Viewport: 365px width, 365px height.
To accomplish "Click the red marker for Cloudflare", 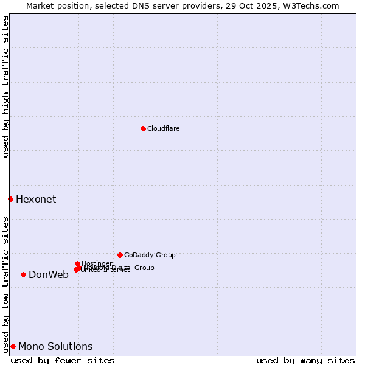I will point(143,128).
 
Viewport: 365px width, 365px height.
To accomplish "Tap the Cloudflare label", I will point(163,128).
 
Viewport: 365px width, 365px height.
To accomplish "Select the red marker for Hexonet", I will point(10,199).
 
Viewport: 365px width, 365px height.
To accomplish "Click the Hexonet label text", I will point(36,200).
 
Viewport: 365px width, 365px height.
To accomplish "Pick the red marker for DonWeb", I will point(23,274).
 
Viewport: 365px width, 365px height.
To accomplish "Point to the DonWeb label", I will point(49,275).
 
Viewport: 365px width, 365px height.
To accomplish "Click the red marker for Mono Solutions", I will point(13,346).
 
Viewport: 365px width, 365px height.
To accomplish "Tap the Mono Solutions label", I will point(55,347).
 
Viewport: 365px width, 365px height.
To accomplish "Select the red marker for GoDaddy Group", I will point(120,255).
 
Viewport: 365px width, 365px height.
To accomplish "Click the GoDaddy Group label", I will point(150,255).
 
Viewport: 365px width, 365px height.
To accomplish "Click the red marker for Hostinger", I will point(77,263).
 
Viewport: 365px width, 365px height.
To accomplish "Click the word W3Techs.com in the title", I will point(312,5).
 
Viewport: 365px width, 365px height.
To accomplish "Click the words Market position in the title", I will point(56,5).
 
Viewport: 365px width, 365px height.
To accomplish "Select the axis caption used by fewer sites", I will point(63,360).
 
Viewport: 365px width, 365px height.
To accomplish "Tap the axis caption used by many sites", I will point(305,360).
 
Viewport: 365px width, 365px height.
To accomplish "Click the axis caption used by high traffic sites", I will point(5,87).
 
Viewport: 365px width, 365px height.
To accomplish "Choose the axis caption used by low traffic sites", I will point(5,284).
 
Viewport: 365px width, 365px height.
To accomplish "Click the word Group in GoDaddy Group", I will point(165,255).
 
